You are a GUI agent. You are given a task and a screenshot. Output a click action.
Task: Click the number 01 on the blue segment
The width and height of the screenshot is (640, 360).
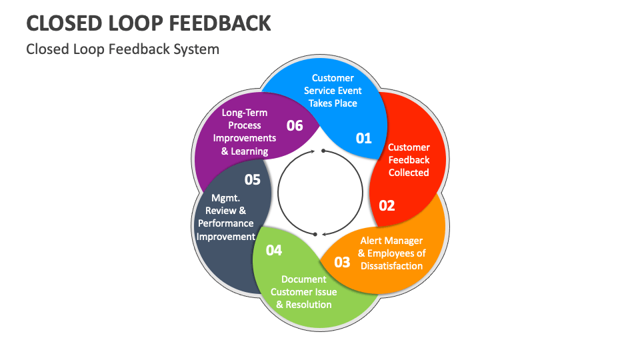(363, 138)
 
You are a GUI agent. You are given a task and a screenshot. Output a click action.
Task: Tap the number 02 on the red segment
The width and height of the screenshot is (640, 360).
(387, 205)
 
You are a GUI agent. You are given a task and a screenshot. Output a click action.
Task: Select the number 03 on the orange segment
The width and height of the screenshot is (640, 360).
(342, 261)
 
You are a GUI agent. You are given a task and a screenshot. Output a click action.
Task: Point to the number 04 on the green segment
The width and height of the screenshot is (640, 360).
(274, 250)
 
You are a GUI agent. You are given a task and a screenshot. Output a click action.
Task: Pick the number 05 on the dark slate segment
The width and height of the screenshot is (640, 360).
(252, 179)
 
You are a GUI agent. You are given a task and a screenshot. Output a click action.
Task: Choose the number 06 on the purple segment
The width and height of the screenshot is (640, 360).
(295, 125)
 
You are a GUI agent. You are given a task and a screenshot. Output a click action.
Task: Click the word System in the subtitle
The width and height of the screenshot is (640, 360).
(198, 49)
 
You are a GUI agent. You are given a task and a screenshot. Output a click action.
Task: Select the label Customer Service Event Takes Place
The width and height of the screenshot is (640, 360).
(333, 91)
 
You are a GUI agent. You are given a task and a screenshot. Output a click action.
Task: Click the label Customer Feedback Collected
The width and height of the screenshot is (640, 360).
(409, 160)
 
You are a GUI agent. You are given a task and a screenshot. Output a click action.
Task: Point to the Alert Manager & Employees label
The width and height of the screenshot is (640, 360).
(391, 253)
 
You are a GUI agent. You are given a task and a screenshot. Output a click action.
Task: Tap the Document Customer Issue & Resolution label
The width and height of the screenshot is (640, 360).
(304, 292)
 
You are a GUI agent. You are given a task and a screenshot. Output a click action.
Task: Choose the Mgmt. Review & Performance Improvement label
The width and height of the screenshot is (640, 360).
(226, 217)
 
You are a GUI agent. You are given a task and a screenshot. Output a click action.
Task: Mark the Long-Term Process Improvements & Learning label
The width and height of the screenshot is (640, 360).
(245, 132)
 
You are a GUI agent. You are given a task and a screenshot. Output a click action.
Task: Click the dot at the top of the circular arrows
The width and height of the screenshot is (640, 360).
(323, 151)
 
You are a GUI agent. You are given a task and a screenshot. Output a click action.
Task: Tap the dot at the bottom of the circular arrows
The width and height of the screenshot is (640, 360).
(315, 234)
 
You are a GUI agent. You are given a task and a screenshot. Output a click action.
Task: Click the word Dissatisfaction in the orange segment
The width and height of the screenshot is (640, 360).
(392, 266)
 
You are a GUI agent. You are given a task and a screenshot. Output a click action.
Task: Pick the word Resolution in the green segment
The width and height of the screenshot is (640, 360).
(309, 305)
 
